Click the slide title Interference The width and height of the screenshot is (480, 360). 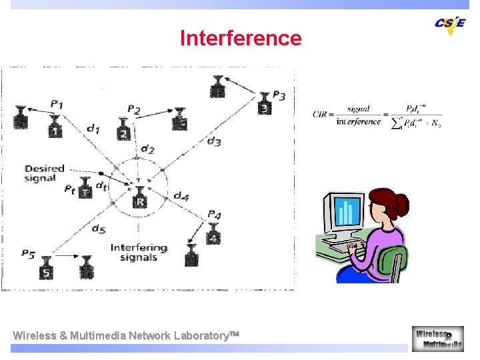click(241, 38)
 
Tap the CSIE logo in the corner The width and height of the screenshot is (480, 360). click(450, 24)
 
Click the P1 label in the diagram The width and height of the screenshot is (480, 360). click(57, 104)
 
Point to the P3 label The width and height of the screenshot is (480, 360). click(279, 97)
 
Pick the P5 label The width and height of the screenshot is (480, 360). click(28, 253)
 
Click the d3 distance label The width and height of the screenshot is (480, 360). click(213, 141)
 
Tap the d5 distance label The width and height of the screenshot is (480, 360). click(99, 229)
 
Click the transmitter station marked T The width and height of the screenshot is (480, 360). click(85, 189)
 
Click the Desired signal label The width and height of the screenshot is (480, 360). click(44, 173)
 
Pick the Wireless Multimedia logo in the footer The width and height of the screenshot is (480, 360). click(438, 338)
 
